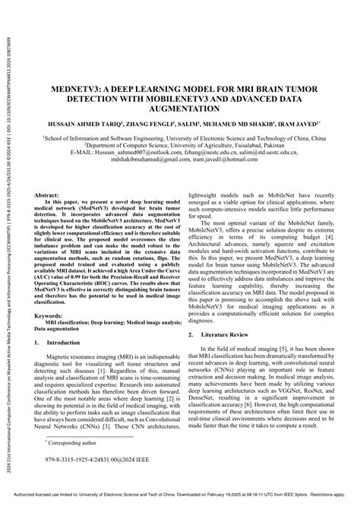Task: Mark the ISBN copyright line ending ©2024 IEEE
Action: pyautogui.click(x=89, y=481)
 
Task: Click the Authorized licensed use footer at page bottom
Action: pyautogui.click(x=180, y=503)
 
